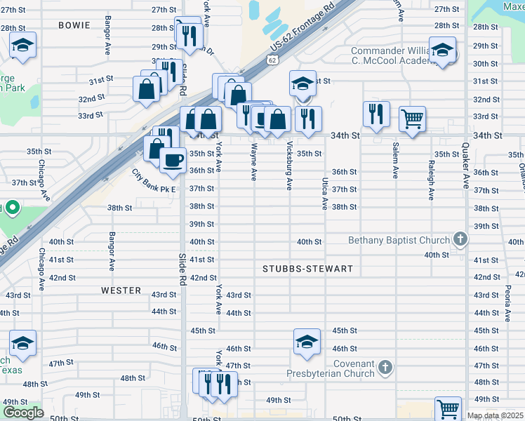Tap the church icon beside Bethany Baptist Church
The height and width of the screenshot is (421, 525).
[x=460, y=240]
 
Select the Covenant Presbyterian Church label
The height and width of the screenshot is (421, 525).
[x=334, y=368]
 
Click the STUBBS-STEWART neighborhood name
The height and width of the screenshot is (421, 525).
[x=307, y=269]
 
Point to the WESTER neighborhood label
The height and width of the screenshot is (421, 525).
[x=121, y=290]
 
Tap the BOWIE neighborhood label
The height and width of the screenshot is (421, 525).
[x=75, y=25]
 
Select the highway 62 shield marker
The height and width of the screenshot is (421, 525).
[x=271, y=60]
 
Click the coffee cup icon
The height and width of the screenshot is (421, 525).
[x=172, y=160]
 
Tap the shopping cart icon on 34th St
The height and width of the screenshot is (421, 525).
[x=412, y=118]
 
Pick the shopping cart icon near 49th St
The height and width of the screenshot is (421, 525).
[x=448, y=408]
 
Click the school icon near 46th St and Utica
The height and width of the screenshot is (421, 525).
[x=307, y=341]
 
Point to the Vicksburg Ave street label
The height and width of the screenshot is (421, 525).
[x=289, y=165]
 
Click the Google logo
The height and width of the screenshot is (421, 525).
[x=23, y=413]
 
